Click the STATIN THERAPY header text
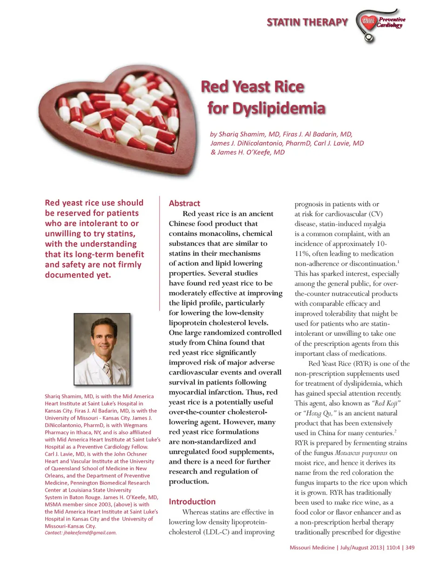(307, 22)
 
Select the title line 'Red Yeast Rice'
(252, 87)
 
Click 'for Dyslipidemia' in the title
(266, 108)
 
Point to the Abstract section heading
(184, 203)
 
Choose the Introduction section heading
(192, 502)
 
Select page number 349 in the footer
(410, 548)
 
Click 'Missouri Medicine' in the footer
(312, 548)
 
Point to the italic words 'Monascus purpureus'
(361, 453)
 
